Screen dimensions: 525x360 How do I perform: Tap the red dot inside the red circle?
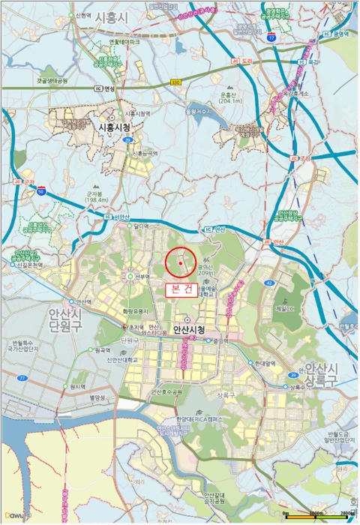(x=181, y=264)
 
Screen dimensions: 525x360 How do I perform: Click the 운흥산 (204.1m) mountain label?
(x=232, y=98)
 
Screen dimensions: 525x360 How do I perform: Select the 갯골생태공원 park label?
(x=52, y=81)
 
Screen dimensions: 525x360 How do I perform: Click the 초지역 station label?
(x=136, y=328)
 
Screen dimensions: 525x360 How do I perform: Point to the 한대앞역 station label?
(x=265, y=364)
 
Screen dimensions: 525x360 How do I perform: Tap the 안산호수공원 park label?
(x=166, y=391)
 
